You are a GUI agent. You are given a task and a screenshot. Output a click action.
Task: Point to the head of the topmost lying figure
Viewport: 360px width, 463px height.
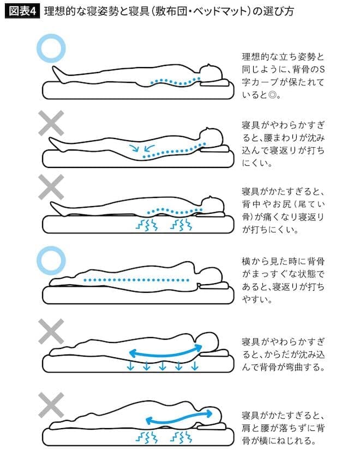211,73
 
